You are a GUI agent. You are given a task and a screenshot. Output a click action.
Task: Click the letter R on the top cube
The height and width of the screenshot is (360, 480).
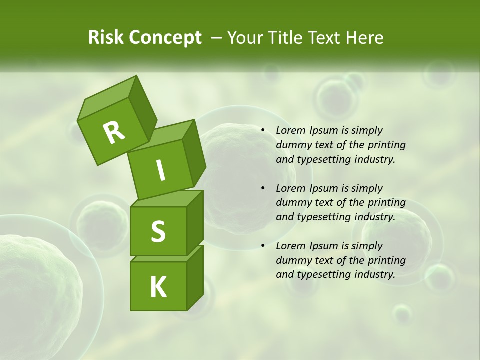tap(114, 133)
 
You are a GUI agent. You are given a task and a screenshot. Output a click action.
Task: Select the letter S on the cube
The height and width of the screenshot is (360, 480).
tap(158, 231)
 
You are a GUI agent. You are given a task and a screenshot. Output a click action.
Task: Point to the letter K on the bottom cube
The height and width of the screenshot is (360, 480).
tap(158, 287)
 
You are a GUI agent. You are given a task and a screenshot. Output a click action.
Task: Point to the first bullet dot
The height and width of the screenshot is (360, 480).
tap(263, 130)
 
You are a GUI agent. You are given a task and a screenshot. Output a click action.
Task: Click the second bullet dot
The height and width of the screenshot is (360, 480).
tap(263, 188)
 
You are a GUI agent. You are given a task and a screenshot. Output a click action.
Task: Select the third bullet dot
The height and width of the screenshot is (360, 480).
tap(263, 246)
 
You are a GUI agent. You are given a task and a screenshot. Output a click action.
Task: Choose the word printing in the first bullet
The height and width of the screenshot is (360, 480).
tap(387, 145)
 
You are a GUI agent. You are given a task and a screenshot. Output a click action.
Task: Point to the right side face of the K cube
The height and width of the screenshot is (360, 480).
tap(195, 277)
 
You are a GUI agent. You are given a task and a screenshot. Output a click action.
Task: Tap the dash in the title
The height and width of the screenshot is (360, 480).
tap(217, 38)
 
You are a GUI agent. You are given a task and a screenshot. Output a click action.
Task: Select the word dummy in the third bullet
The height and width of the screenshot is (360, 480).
tap(292, 260)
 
